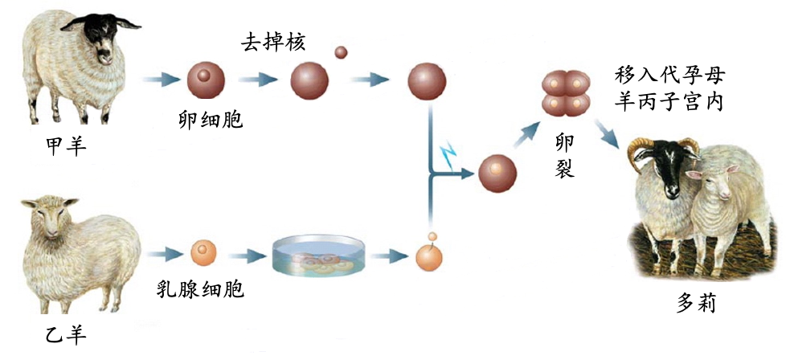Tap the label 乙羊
pos(64,332)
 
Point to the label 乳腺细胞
pos(200,289)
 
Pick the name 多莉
pos(696,304)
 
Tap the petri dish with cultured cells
pos(319,256)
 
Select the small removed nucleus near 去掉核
pos(341,52)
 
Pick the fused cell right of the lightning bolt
pos(497,174)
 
